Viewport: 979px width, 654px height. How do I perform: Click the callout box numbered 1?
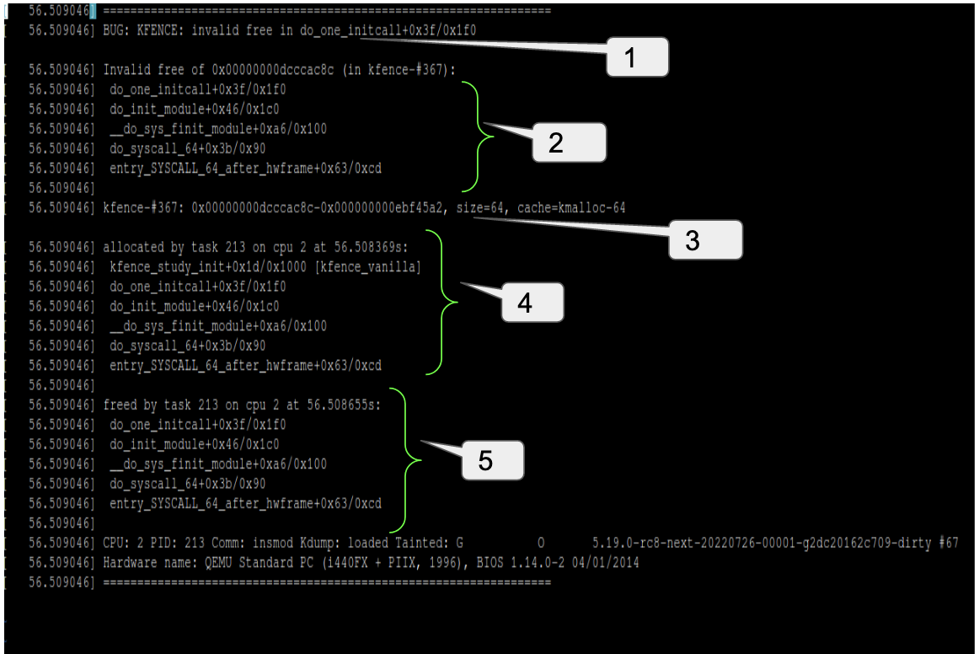tap(637, 57)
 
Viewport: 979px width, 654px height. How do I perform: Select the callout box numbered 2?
tap(569, 142)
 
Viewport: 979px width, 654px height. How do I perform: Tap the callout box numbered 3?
tap(705, 239)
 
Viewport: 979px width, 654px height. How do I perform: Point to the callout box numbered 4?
tap(532, 303)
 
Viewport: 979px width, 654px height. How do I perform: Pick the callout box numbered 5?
tap(493, 460)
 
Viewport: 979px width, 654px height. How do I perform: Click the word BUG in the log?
tap(113, 29)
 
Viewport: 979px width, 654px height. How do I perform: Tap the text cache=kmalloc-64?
tap(571, 207)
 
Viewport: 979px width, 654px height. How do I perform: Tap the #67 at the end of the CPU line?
tap(948, 543)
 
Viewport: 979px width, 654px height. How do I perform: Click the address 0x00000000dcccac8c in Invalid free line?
tap(254, 69)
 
